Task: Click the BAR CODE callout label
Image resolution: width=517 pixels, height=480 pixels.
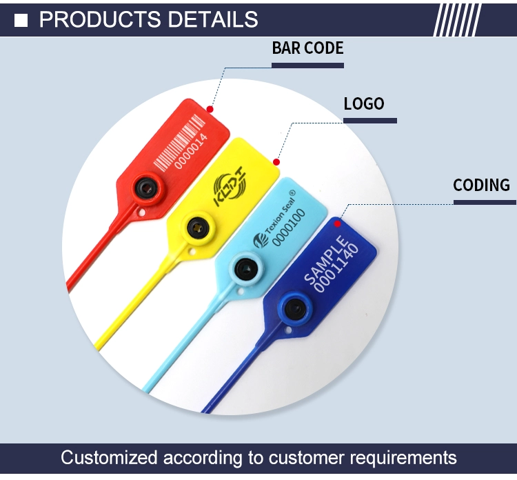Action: [307, 48]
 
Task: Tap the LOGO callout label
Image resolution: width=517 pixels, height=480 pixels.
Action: [364, 103]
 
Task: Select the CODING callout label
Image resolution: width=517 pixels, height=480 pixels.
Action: [481, 185]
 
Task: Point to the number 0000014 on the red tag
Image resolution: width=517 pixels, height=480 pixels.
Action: [191, 151]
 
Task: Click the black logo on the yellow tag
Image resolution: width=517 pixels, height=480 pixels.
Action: [230, 186]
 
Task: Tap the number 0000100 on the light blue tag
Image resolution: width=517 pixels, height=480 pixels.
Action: [289, 228]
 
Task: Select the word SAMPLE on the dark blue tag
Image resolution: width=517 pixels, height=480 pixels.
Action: [325, 259]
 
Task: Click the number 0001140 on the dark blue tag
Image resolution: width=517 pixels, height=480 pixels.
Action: [336, 268]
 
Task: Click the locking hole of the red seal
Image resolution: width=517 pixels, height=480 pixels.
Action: [145, 188]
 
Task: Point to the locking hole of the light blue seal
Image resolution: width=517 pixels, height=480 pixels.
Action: [245, 268]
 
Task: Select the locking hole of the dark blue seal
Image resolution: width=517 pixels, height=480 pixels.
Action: [294, 308]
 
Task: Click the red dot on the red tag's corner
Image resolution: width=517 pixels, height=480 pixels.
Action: [210, 109]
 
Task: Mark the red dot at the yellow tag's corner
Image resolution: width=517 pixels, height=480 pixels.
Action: [276, 162]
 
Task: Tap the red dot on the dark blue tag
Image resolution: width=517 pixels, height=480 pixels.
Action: [337, 224]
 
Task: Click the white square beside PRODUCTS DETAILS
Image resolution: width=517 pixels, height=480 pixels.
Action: [21, 20]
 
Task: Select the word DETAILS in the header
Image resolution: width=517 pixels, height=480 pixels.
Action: [213, 19]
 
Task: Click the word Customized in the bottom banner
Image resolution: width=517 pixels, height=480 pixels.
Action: [109, 458]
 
